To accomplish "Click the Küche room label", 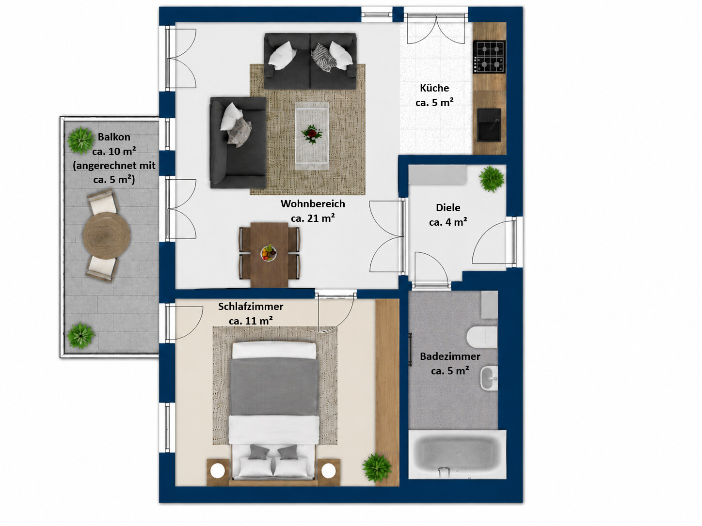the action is click(x=434, y=88).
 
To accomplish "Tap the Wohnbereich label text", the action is click(x=313, y=204).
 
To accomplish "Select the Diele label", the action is click(x=448, y=208).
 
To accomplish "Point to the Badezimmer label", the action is click(x=450, y=356).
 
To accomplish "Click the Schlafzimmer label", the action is click(x=251, y=307).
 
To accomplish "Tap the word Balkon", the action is click(x=114, y=137).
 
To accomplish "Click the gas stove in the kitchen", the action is click(x=489, y=57).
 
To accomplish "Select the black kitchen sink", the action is click(x=489, y=124).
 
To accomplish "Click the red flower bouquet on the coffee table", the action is click(x=312, y=134).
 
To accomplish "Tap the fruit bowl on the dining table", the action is click(x=269, y=253).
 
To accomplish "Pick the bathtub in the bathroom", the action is click(x=457, y=455).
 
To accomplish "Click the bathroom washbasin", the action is click(x=489, y=378).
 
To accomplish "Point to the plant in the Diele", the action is click(x=492, y=179).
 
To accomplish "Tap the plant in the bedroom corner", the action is click(x=377, y=467).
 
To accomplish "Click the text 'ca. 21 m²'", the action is click(x=313, y=218).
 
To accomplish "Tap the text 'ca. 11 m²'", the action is click(x=251, y=321).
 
